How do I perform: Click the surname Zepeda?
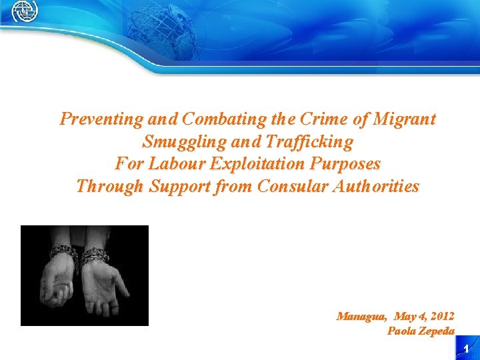437,331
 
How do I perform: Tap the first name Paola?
401,331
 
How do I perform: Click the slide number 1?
467,349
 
